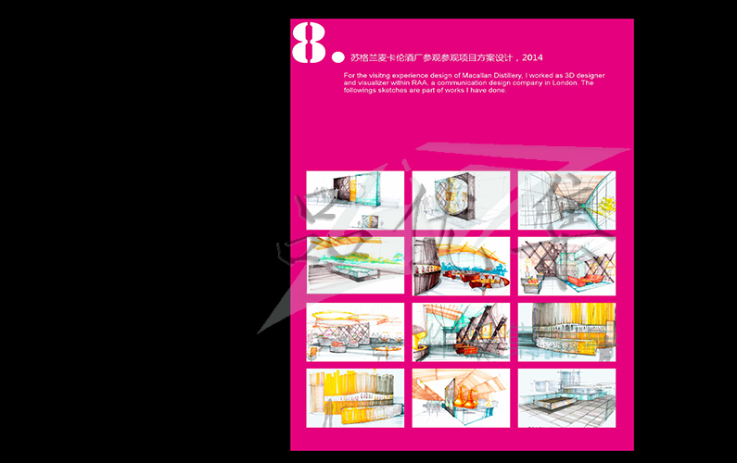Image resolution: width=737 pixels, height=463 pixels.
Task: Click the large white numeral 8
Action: click(x=309, y=43)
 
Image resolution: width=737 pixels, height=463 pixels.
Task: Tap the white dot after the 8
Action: click(x=338, y=57)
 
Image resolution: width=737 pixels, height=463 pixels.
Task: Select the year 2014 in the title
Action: click(x=532, y=57)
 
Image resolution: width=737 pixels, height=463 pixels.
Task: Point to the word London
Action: click(x=565, y=82)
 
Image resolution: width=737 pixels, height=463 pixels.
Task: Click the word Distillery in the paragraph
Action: click(x=510, y=75)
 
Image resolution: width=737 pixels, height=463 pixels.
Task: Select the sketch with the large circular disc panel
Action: click(x=461, y=201)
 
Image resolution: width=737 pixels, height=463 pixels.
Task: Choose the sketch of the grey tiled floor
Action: click(x=566, y=398)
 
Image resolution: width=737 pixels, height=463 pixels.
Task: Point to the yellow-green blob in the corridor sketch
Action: click(x=606, y=205)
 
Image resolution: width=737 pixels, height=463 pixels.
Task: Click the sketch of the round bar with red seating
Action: click(x=461, y=267)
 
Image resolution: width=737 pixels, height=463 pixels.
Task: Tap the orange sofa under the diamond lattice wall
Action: click(x=585, y=281)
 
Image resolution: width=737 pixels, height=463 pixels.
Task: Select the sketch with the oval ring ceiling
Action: click(x=355, y=332)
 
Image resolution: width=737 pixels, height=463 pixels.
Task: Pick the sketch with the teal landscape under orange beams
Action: click(x=355, y=266)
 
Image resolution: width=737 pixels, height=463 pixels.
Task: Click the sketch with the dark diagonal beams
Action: click(x=461, y=332)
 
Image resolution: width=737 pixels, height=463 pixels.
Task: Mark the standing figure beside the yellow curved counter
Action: click(x=329, y=412)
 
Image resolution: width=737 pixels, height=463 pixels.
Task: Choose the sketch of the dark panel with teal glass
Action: click(x=355, y=200)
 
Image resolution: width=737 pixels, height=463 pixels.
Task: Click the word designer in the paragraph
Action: click(x=591, y=75)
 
